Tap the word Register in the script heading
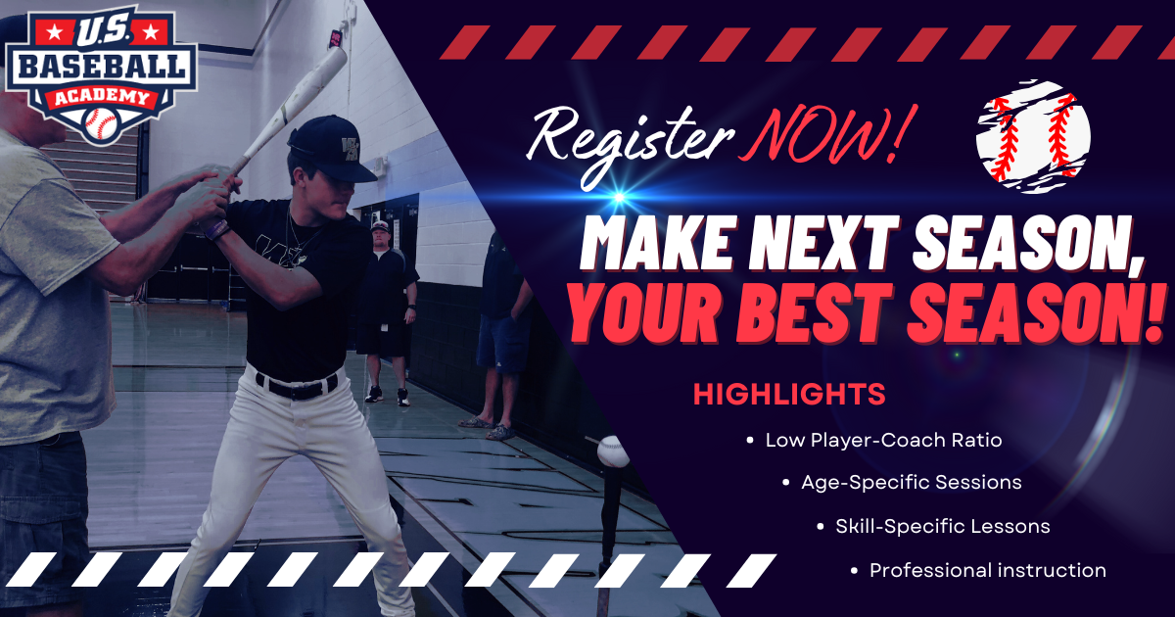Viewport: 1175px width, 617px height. [x=628, y=138]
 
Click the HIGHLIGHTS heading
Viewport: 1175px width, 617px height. [x=789, y=395]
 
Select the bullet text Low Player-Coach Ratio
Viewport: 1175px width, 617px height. [x=883, y=440]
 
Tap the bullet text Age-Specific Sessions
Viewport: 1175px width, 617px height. [x=911, y=483]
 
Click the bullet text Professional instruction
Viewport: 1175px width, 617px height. [x=987, y=570]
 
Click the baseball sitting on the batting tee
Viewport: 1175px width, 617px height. [x=613, y=451]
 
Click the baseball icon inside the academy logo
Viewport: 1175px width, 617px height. [x=101, y=122]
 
